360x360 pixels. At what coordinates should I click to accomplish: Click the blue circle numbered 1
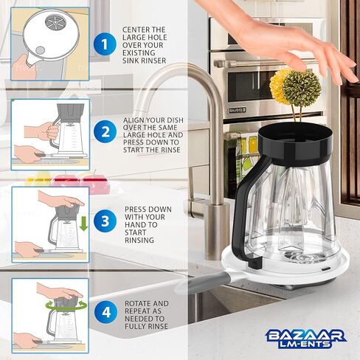(105, 45)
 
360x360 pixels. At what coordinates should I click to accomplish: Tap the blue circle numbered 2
(105, 132)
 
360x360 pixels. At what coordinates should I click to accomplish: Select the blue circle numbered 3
(105, 221)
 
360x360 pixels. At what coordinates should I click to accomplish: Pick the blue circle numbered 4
(106, 313)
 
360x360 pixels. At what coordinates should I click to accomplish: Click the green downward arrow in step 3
(84, 223)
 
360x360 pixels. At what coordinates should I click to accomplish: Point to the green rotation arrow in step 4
(66, 305)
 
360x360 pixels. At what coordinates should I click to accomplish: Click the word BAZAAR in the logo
(305, 336)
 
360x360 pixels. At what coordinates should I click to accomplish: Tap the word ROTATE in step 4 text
(139, 303)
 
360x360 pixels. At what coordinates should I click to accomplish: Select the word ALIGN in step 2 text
(133, 120)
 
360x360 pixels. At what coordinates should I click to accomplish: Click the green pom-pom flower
(302, 89)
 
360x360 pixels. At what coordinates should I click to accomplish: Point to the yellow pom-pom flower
(278, 86)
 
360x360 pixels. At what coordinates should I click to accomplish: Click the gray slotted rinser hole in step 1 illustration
(55, 22)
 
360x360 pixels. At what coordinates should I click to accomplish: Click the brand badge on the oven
(238, 110)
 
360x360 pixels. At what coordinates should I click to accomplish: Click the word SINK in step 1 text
(131, 60)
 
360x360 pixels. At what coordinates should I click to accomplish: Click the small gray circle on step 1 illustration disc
(40, 50)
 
